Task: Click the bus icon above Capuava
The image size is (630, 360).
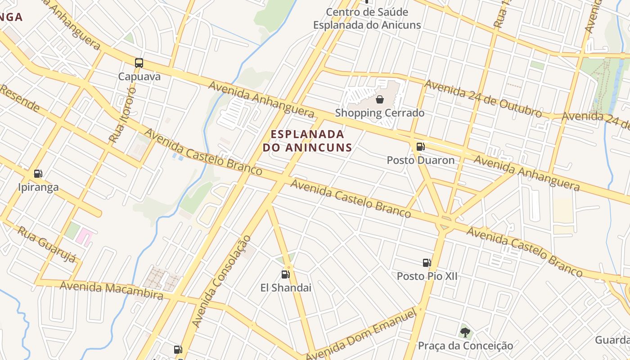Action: point(139,63)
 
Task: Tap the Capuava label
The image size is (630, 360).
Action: point(139,76)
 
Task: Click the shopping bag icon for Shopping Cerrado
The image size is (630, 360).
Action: point(380,99)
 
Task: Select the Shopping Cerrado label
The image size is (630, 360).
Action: point(380,112)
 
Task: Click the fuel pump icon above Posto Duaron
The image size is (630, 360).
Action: point(420,146)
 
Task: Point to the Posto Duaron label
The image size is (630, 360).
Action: point(421,160)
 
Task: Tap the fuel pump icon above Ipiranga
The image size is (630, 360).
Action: point(38,174)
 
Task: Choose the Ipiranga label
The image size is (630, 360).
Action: point(38,187)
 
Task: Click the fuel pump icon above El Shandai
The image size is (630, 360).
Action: point(285,274)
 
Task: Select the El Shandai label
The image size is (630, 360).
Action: point(286,288)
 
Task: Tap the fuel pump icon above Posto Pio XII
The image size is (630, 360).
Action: point(427,263)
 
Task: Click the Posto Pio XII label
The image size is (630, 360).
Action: point(427,276)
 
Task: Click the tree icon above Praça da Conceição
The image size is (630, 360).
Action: point(465,333)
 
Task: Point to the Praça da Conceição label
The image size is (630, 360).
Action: point(465,346)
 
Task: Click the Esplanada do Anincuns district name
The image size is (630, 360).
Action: point(307,140)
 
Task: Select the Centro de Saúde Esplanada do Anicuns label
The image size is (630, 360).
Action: point(367,18)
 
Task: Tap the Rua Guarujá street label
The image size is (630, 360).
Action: point(47,243)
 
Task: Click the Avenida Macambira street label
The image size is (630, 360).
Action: point(111,290)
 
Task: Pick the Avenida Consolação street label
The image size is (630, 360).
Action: point(221,281)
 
